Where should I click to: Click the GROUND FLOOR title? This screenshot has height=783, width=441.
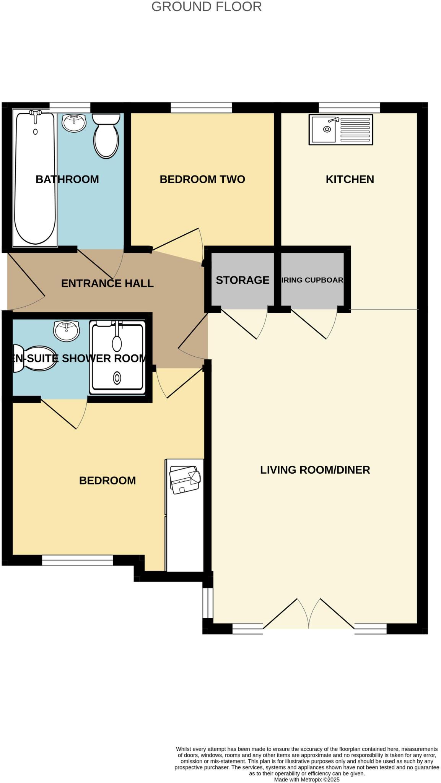[206, 7]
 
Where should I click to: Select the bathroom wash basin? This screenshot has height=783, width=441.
[74, 123]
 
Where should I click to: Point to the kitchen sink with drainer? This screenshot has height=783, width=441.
[340, 130]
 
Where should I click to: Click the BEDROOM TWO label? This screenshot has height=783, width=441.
[202, 179]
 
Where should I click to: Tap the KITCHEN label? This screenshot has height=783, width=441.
[350, 179]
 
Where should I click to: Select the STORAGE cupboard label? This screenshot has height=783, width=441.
[242, 280]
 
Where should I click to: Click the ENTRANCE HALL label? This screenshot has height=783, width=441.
[107, 283]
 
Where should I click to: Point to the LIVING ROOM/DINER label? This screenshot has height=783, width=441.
[315, 470]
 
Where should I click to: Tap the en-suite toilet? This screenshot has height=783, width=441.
[34, 358]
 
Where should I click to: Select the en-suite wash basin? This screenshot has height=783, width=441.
[67, 330]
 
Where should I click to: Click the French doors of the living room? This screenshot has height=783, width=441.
[308, 614]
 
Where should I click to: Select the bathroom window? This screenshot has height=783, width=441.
[70, 107]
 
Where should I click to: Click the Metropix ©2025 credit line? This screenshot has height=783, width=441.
[306, 780]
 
